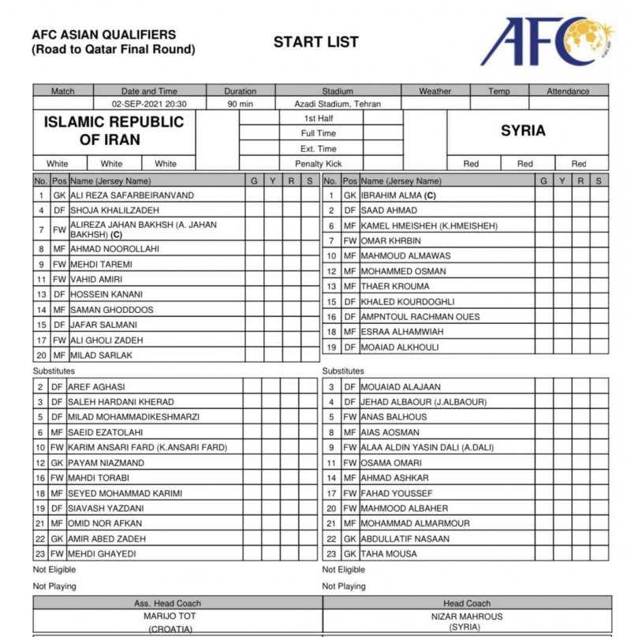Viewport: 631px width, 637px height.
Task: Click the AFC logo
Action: [546, 43]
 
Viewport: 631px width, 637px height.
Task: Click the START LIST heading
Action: [315, 43]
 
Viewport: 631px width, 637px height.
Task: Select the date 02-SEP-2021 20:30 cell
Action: [149, 104]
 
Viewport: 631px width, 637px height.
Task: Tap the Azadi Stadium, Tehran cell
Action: [338, 104]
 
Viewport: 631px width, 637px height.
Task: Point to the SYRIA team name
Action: [523, 131]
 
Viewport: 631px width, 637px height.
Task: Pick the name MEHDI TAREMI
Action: [102, 264]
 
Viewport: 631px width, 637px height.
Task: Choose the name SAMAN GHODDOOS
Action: [112, 310]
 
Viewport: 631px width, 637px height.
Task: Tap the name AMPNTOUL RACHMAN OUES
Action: [420, 317]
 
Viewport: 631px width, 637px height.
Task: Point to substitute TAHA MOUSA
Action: [389, 553]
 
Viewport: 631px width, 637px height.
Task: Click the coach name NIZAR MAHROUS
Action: [468, 616]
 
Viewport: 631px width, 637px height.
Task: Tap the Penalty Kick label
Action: [319, 164]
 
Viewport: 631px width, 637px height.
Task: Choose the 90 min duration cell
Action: [240, 104]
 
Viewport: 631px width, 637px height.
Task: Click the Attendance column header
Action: [568, 91]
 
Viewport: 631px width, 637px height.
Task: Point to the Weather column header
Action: [435, 91]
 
